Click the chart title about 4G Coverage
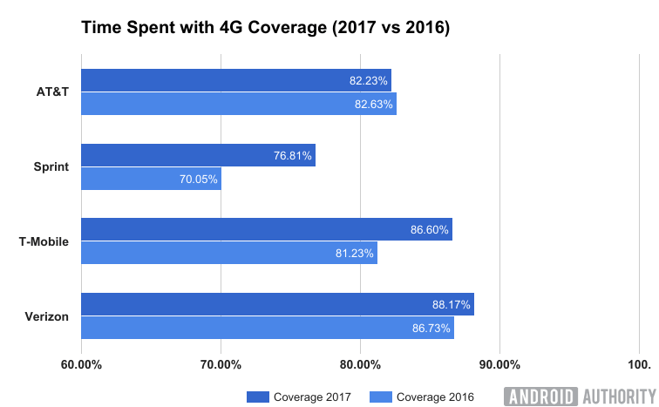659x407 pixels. coord(265,28)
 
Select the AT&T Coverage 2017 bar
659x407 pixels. coord(235,80)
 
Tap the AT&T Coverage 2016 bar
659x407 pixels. coord(238,104)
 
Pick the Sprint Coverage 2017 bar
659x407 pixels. coord(198,155)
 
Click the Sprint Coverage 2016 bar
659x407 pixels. coord(151,179)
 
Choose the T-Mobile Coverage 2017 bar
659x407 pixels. coord(266,230)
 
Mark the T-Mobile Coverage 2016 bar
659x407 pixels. coord(228,254)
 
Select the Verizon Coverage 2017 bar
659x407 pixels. coord(277,304)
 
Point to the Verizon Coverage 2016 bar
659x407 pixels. coord(267,328)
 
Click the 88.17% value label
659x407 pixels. coord(452,305)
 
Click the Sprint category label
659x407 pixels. coord(50,166)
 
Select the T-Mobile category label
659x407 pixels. coord(44,241)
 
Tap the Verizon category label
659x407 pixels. coord(47,316)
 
